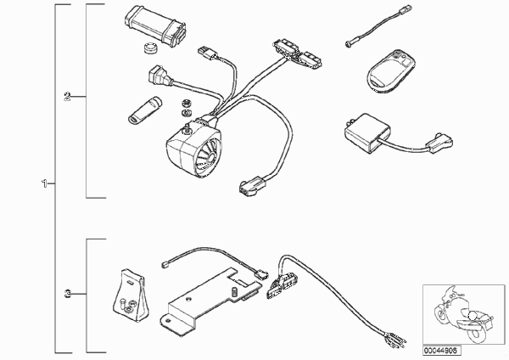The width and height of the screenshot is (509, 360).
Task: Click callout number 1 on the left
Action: click(x=44, y=183)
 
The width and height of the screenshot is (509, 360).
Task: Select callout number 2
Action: click(x=67, y=96)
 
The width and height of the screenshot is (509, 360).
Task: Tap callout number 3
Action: click(x=67, y=294)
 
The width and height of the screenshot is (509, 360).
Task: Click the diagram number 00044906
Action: click(x=441, y=351)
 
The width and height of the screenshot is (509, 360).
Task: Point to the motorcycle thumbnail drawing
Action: click(x=463, y=313)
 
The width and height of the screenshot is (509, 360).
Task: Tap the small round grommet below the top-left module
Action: click(x=150, y=48)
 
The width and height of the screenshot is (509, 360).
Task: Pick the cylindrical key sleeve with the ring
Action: click(x=144, y=110)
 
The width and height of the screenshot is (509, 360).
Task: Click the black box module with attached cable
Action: click(x=366, y=132)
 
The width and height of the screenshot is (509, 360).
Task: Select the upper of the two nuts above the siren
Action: click(x=187, y=104)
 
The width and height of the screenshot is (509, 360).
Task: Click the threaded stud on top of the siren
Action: click(x=187, y=128)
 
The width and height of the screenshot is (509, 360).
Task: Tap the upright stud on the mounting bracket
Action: click(x=233, y=291)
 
